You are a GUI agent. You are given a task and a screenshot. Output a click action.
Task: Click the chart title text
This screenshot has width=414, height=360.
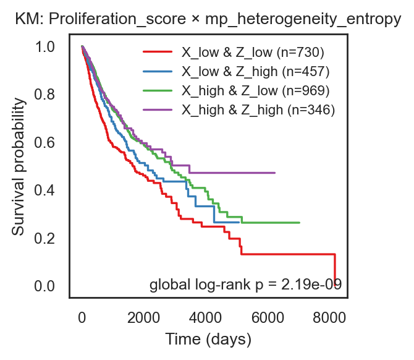click(208, 19)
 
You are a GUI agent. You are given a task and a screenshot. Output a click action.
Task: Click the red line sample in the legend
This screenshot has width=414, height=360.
click(158, 52)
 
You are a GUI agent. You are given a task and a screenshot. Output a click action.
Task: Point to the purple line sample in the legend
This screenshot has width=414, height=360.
click(158, 109)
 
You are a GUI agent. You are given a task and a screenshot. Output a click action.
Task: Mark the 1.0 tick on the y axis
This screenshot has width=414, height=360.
click(44, 47)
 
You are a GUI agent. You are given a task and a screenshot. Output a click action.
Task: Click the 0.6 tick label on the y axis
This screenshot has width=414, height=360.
click(44, 142)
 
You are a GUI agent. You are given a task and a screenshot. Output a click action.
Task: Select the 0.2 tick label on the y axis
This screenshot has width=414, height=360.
click(44, 238)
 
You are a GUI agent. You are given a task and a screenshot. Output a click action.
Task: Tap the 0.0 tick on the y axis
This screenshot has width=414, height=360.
click(44, 286)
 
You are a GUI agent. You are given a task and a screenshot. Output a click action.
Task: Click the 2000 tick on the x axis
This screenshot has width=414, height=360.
click(143, 317)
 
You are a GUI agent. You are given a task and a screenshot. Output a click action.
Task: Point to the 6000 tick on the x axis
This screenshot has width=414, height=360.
click(268, 317)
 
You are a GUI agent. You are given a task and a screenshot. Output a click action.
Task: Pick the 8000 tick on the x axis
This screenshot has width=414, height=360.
click(329, 317)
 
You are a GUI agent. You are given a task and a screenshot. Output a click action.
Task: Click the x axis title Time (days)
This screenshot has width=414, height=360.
click(208, 340)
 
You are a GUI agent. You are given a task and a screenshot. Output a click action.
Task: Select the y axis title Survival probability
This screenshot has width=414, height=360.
click(19, 166)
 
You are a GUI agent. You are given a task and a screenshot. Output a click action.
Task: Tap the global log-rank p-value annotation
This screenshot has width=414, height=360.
click(245, 285)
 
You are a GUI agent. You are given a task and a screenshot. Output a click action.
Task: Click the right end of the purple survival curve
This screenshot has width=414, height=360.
click(275, 173)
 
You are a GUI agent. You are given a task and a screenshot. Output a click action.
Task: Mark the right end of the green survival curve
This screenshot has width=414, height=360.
click(300, 223)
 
